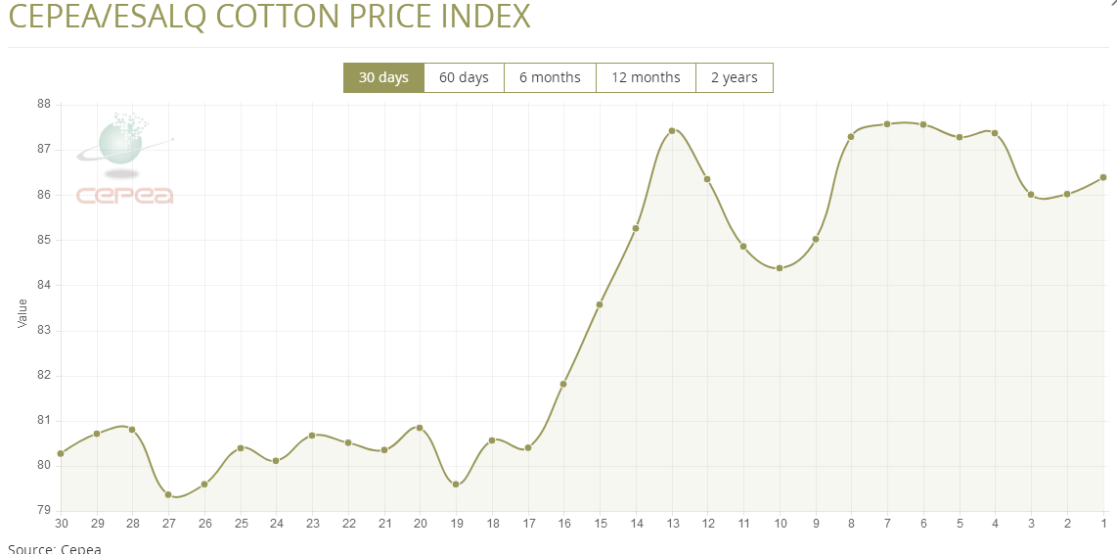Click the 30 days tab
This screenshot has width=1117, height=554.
pos(383,77)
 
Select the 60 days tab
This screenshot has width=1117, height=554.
pos(464,77)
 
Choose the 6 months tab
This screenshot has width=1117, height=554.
pos(550,77)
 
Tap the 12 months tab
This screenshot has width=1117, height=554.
pos(646,77)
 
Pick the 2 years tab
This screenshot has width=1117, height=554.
pos(734,77)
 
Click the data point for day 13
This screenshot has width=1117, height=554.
pos(672,130)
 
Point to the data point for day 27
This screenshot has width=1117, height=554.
pos(168,494)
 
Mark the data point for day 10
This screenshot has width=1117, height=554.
pos(780,267)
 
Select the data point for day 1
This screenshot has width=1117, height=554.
pos(1103,177)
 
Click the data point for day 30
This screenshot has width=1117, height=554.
pos(61,453)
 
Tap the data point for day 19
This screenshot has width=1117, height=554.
pos(456,484)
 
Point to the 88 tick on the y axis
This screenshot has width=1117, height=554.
pos(44,104)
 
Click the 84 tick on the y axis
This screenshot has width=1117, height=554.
pos(44,285)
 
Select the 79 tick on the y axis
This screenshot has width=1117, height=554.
pos(44,510)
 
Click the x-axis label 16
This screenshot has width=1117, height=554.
pos(563,524)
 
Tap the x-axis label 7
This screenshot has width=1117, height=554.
pos(887,524)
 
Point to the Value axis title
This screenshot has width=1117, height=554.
pos(22,313)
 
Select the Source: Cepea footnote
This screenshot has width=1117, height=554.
pos(55,548)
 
